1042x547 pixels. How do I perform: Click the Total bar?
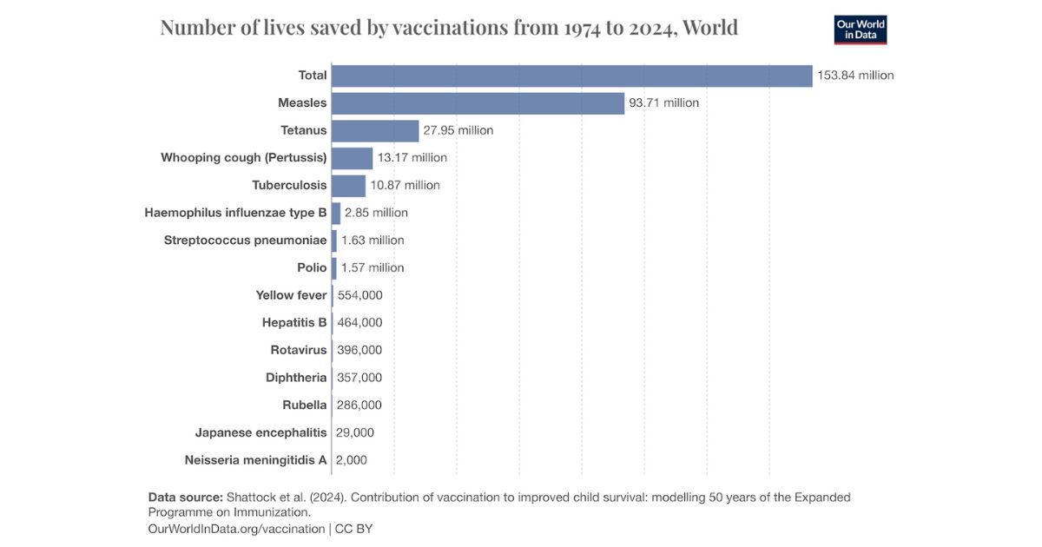coord(571,76)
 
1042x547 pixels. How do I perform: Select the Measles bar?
coord(478,103)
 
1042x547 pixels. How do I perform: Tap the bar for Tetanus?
coord(375,131)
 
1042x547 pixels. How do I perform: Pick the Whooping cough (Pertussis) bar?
coord(352,158)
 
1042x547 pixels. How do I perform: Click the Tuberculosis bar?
coord(348,186)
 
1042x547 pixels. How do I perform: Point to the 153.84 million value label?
coord(855,76)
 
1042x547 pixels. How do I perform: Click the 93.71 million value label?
coord(663,103)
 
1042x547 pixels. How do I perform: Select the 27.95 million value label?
coord(458,131)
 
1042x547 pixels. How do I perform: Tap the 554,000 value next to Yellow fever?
coord(359,295)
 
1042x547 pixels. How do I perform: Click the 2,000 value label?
coord(351,460)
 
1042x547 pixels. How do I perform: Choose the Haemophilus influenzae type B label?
coord(235,213)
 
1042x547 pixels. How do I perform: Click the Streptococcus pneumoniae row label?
coord(245,241)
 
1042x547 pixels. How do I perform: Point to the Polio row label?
coord(312,267)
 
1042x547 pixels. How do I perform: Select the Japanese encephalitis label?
coord(260,432)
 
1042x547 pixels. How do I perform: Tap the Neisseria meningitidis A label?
coord(255,460)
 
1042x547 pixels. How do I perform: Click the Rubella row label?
coord(305,405)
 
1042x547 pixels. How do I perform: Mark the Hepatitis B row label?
coord(294,323)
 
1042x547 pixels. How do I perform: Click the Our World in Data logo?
coord(860,30)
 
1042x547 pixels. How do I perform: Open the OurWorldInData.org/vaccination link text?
coord(236,529)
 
